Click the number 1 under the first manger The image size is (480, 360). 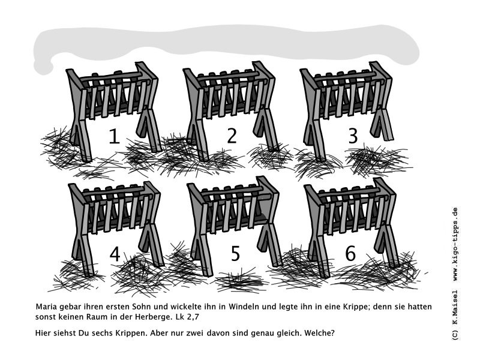(115, 136)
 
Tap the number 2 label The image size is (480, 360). (232, 136)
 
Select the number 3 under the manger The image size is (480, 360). (353, 136)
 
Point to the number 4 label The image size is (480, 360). (115, 254)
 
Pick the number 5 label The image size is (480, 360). (235, 253)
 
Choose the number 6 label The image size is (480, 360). (350, 253)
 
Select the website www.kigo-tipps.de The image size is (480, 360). (455, 244)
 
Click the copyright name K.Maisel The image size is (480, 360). (455, 308)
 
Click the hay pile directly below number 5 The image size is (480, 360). (241, 280)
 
